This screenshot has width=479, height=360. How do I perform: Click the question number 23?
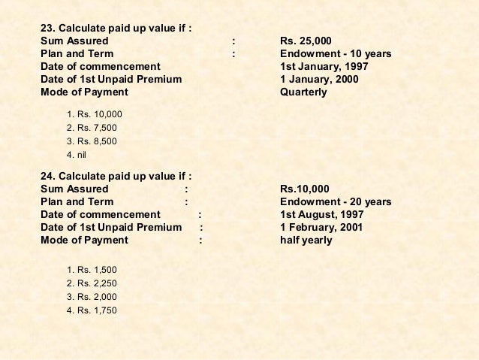click(47, 28)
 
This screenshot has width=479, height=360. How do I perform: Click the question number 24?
click(47, 176)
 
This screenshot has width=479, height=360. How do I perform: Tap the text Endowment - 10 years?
click(335, 54)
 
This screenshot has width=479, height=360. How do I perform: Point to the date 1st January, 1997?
click(323, 67)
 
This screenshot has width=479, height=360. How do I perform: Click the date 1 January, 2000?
click(318, 80)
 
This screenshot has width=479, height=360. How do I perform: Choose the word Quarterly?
click(303, 92)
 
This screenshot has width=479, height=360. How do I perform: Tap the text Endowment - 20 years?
click(335, 202)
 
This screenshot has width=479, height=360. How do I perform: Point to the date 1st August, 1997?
click(321, 215)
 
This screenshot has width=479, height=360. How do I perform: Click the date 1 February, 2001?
click(321, 228)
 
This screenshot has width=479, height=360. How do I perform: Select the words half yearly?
click(306, 241)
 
